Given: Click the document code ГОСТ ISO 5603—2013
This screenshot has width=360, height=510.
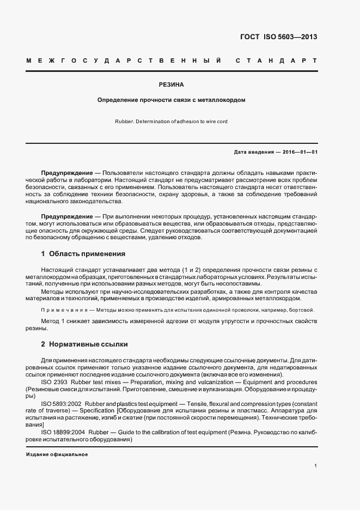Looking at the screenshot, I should [x=278, y=37].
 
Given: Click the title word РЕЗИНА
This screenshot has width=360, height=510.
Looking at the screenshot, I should [x=171, y=85].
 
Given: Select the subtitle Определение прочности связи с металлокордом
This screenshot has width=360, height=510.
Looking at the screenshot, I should [x=171, y=100].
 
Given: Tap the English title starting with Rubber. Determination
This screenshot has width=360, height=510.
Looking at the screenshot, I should [x=171, y=122].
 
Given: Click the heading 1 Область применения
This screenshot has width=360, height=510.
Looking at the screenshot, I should [x=83, y=254].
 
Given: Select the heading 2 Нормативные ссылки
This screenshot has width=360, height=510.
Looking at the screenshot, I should [x=84, y=345].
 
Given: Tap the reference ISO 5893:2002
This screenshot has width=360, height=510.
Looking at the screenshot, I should [x=60, y=403].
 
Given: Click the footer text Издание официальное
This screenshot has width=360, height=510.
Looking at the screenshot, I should [x=57, y=454].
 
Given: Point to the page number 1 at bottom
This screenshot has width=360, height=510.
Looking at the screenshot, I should [x=315, y=466].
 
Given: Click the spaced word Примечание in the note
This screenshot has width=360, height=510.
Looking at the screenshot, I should [x=64, y=310].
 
